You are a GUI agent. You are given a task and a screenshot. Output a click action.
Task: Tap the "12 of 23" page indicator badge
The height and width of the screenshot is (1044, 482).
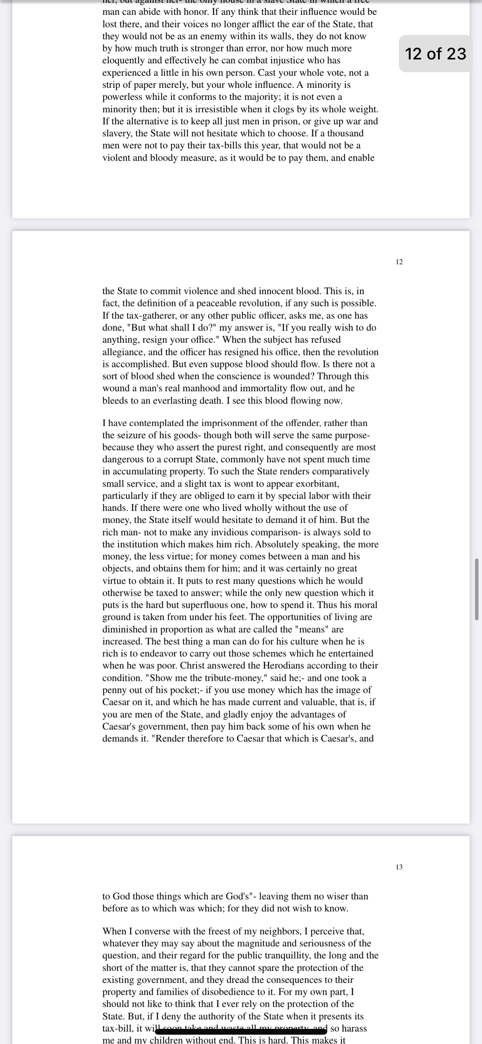pyautogui.click(x=435, y=54)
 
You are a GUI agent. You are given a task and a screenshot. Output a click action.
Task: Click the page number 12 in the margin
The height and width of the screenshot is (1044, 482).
pyautogui.click(x=399, y=262)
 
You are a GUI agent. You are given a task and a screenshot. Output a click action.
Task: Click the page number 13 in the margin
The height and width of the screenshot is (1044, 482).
pyautogui.click(x=399, y=867)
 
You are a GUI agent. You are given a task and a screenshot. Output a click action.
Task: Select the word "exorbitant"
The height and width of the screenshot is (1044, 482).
pyautogui.click(x=317, y=484)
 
